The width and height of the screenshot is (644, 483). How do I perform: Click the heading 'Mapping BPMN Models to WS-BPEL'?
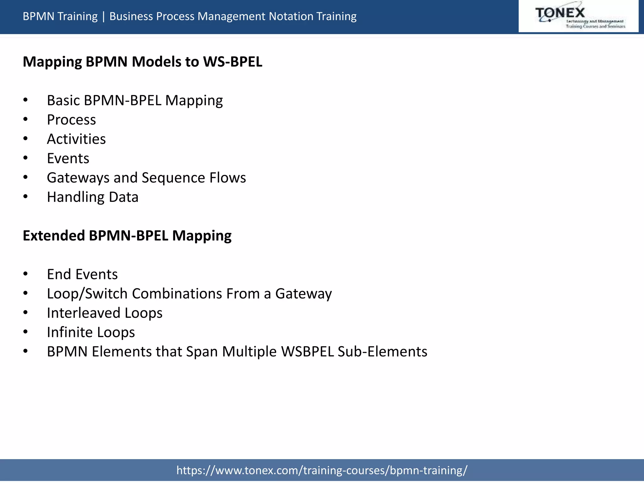click(142, 62)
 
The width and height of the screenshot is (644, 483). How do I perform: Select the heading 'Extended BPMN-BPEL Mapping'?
click(127, 236)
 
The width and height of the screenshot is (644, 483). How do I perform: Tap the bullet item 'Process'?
click(71, 120)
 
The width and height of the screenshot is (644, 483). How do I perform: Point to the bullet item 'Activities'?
click(76, 139)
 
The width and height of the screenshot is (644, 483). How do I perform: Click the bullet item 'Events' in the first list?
click(68, 158)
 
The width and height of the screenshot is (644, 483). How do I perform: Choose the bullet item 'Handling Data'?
click(92, 197)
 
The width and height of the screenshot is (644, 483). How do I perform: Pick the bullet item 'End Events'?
click(82, 274)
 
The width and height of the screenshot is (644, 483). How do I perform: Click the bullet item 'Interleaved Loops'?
click(104, 313)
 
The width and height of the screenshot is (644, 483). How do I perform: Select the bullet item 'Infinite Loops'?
click(91, 332)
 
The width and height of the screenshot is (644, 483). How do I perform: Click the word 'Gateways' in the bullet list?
click(78, 178)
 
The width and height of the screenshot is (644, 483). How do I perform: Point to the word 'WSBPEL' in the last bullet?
click(307, 352)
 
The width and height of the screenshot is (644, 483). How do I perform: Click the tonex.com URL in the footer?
click(322, 470)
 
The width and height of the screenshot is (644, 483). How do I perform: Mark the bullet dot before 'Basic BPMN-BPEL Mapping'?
click(25, 100)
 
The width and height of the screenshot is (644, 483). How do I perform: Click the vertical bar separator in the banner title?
click(103, 16)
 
